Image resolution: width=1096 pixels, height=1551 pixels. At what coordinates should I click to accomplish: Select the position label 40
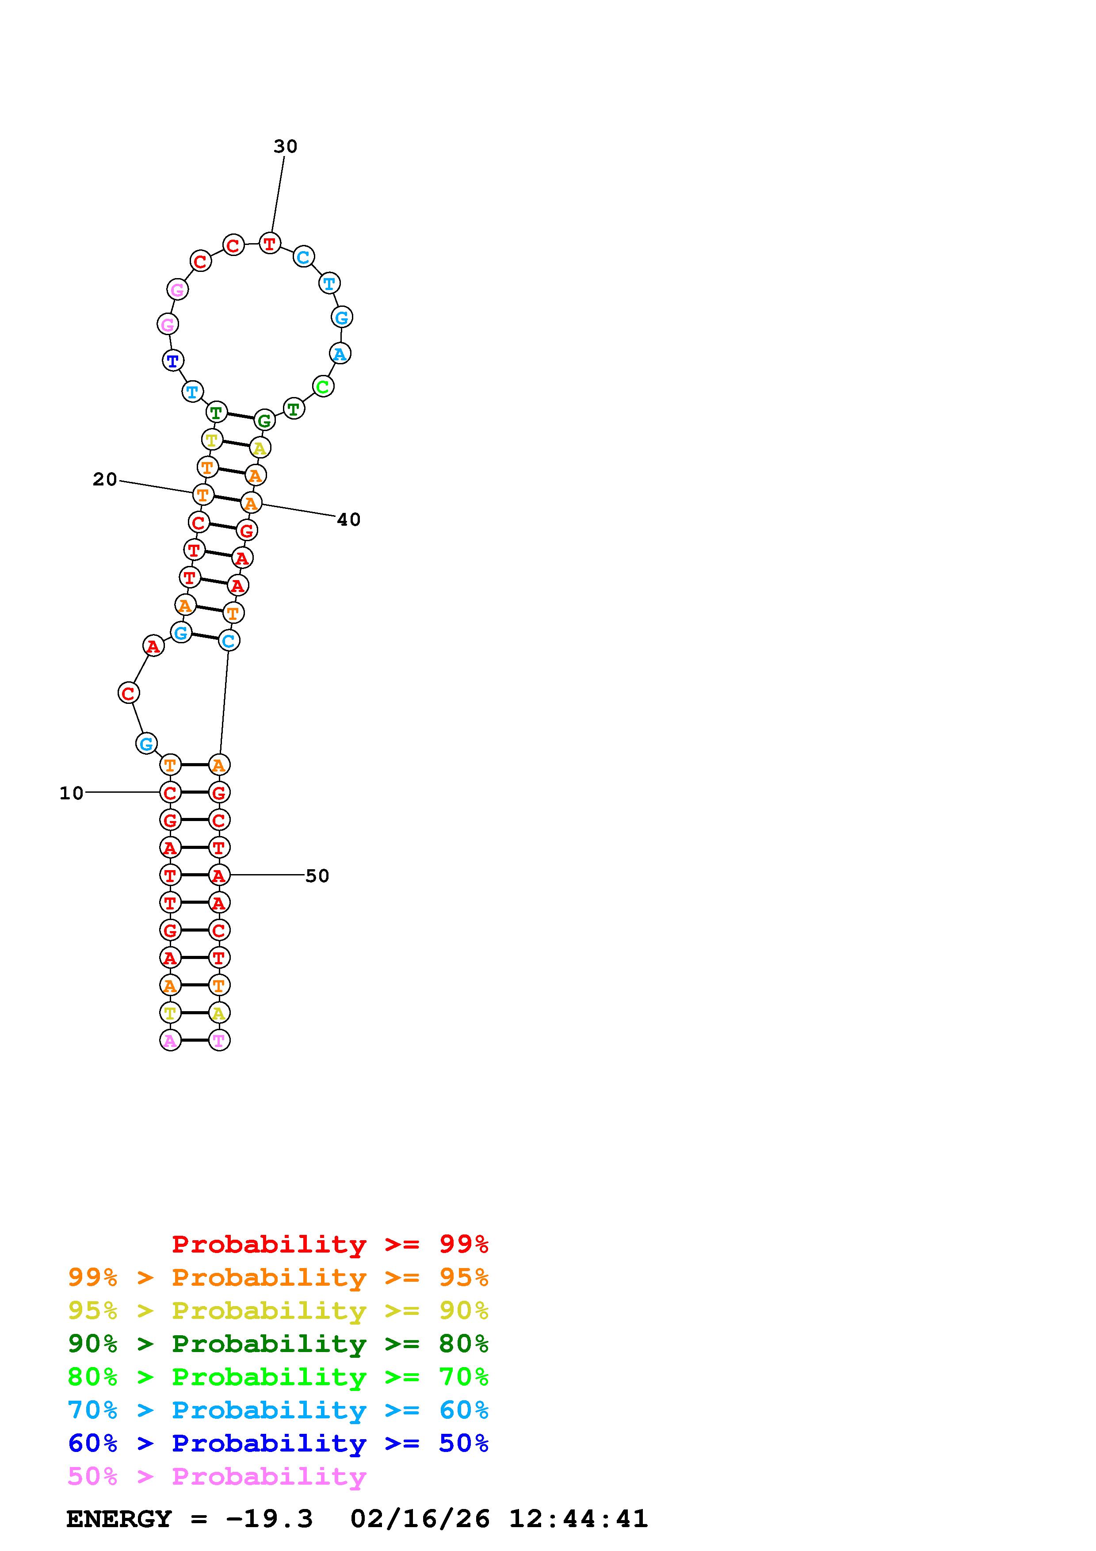pyautogui.click(x=348, y=520)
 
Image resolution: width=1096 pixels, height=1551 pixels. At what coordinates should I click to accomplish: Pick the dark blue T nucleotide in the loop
pyautogui.click(x=173, y=361)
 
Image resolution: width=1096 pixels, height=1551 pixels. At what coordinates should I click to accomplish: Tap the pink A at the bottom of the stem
pyautogui.click(x=170, y=1040)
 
